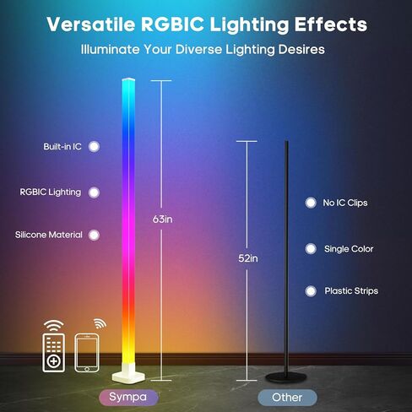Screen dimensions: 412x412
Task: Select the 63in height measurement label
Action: pyautogui.click(x=164, y=220)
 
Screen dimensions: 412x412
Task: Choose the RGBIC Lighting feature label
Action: pyautogui.click(x=51, y=192)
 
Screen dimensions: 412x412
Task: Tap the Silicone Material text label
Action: pyautogui.click(x=47, y=234)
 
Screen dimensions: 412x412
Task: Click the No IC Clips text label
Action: pyautogui.click(x=346, y=203)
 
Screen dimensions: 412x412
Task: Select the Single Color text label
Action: pyautogui.click(x=349, y=249)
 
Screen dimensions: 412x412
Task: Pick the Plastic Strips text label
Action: pyautogui.click(x=351, y=291)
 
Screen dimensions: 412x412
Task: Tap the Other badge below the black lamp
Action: pyautogui.click(x=287, y=397)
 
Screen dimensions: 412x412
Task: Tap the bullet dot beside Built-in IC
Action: pyautogui.click(x=95, y=146)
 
